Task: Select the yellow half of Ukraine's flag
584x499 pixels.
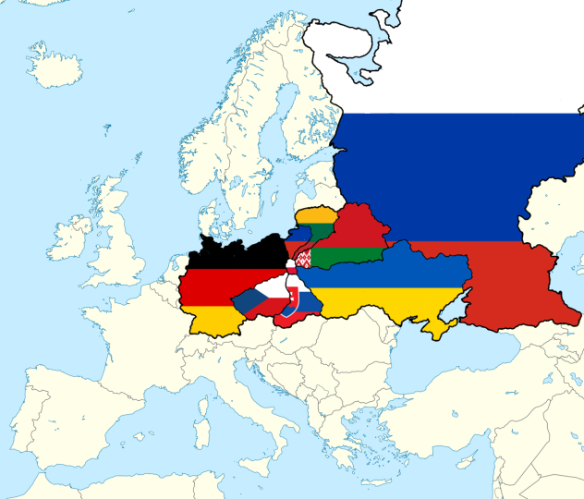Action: [388, 300]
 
